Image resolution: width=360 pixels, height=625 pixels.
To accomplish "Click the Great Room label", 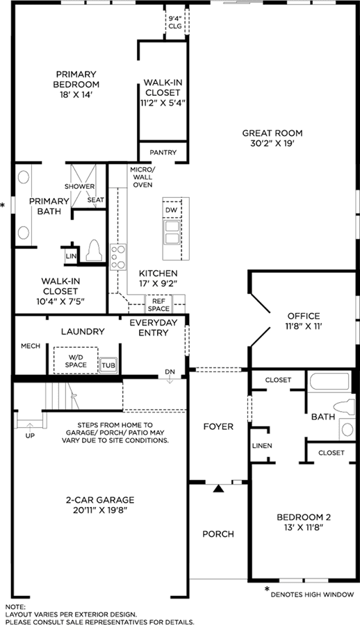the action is [x=272, y=133].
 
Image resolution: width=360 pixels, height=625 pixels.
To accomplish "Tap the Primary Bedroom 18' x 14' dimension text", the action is [x=76, y=95].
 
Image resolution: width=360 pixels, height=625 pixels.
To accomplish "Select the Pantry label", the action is [x=163, y=152].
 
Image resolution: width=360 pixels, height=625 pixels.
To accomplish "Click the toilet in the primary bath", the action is [x=93, y=251].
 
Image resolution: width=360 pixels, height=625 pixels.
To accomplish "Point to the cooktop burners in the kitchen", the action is [x=118, y=256].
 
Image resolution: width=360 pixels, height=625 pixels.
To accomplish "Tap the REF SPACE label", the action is [x=158, y=305].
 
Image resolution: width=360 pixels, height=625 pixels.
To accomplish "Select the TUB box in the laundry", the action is [x=108, y=365].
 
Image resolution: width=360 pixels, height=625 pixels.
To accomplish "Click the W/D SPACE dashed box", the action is [x=76, y=360].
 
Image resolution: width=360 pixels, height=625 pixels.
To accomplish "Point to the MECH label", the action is [x=31, y=346].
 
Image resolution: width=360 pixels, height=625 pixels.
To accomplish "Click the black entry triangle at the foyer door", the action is [x=218, y=488].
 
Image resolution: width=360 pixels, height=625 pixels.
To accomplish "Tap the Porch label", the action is [x=218, y=534].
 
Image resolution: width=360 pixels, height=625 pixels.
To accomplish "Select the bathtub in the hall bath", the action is [x=329, y=381].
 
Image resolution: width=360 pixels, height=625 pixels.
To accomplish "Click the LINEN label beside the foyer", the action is [x=262, y=445].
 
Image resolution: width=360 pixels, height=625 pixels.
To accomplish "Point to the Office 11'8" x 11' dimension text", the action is [x=304, y=326].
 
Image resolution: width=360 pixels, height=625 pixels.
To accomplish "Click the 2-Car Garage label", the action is [x=100, y=500].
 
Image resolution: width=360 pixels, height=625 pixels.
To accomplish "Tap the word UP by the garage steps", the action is [x=30, y=435].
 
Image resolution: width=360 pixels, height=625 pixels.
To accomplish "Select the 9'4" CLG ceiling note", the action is [x=175, y=23].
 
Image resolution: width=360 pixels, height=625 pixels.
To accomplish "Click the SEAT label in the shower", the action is [x=95, y=200].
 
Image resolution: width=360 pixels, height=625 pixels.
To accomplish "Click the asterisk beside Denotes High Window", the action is [x=267, y=589].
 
